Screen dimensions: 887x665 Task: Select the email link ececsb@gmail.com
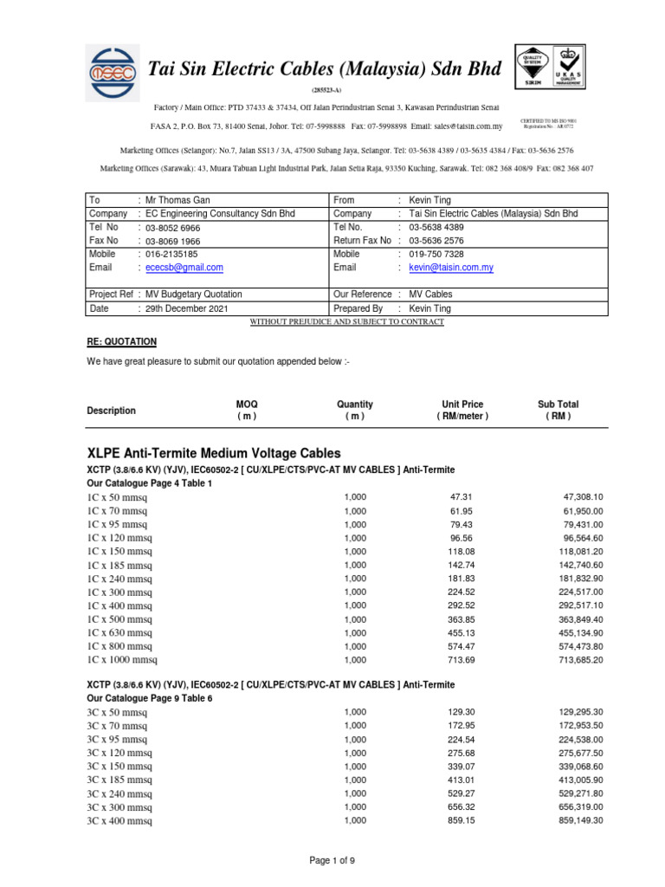coord(184,269)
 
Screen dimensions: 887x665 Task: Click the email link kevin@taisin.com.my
coord(451,269)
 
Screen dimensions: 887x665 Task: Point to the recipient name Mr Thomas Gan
coord(178,200)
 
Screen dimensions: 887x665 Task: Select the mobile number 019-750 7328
coord(436,255)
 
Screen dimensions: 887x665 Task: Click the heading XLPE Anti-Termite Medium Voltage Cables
coord(214,453)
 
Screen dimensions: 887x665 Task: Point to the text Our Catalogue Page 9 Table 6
coord(149,697)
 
